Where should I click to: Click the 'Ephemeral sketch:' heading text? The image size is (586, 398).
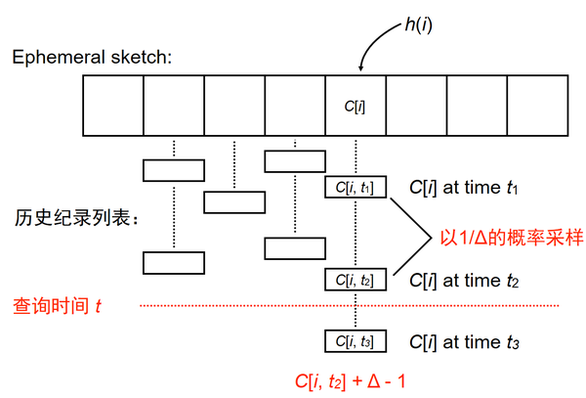tap(92, 57)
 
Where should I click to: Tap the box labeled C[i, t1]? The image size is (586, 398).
tap(356, 187)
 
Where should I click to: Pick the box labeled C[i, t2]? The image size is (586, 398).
tap(356, 280)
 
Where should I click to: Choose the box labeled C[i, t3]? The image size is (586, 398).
tap(356, 341)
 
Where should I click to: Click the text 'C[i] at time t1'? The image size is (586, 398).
tap(468, 187)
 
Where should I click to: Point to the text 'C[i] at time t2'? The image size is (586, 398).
tap(468, 280)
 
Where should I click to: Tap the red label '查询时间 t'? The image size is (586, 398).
tap(57, 306)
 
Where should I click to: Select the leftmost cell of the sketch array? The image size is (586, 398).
tap(113, 107)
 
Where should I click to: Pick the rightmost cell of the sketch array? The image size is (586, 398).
tap(536, 107)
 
